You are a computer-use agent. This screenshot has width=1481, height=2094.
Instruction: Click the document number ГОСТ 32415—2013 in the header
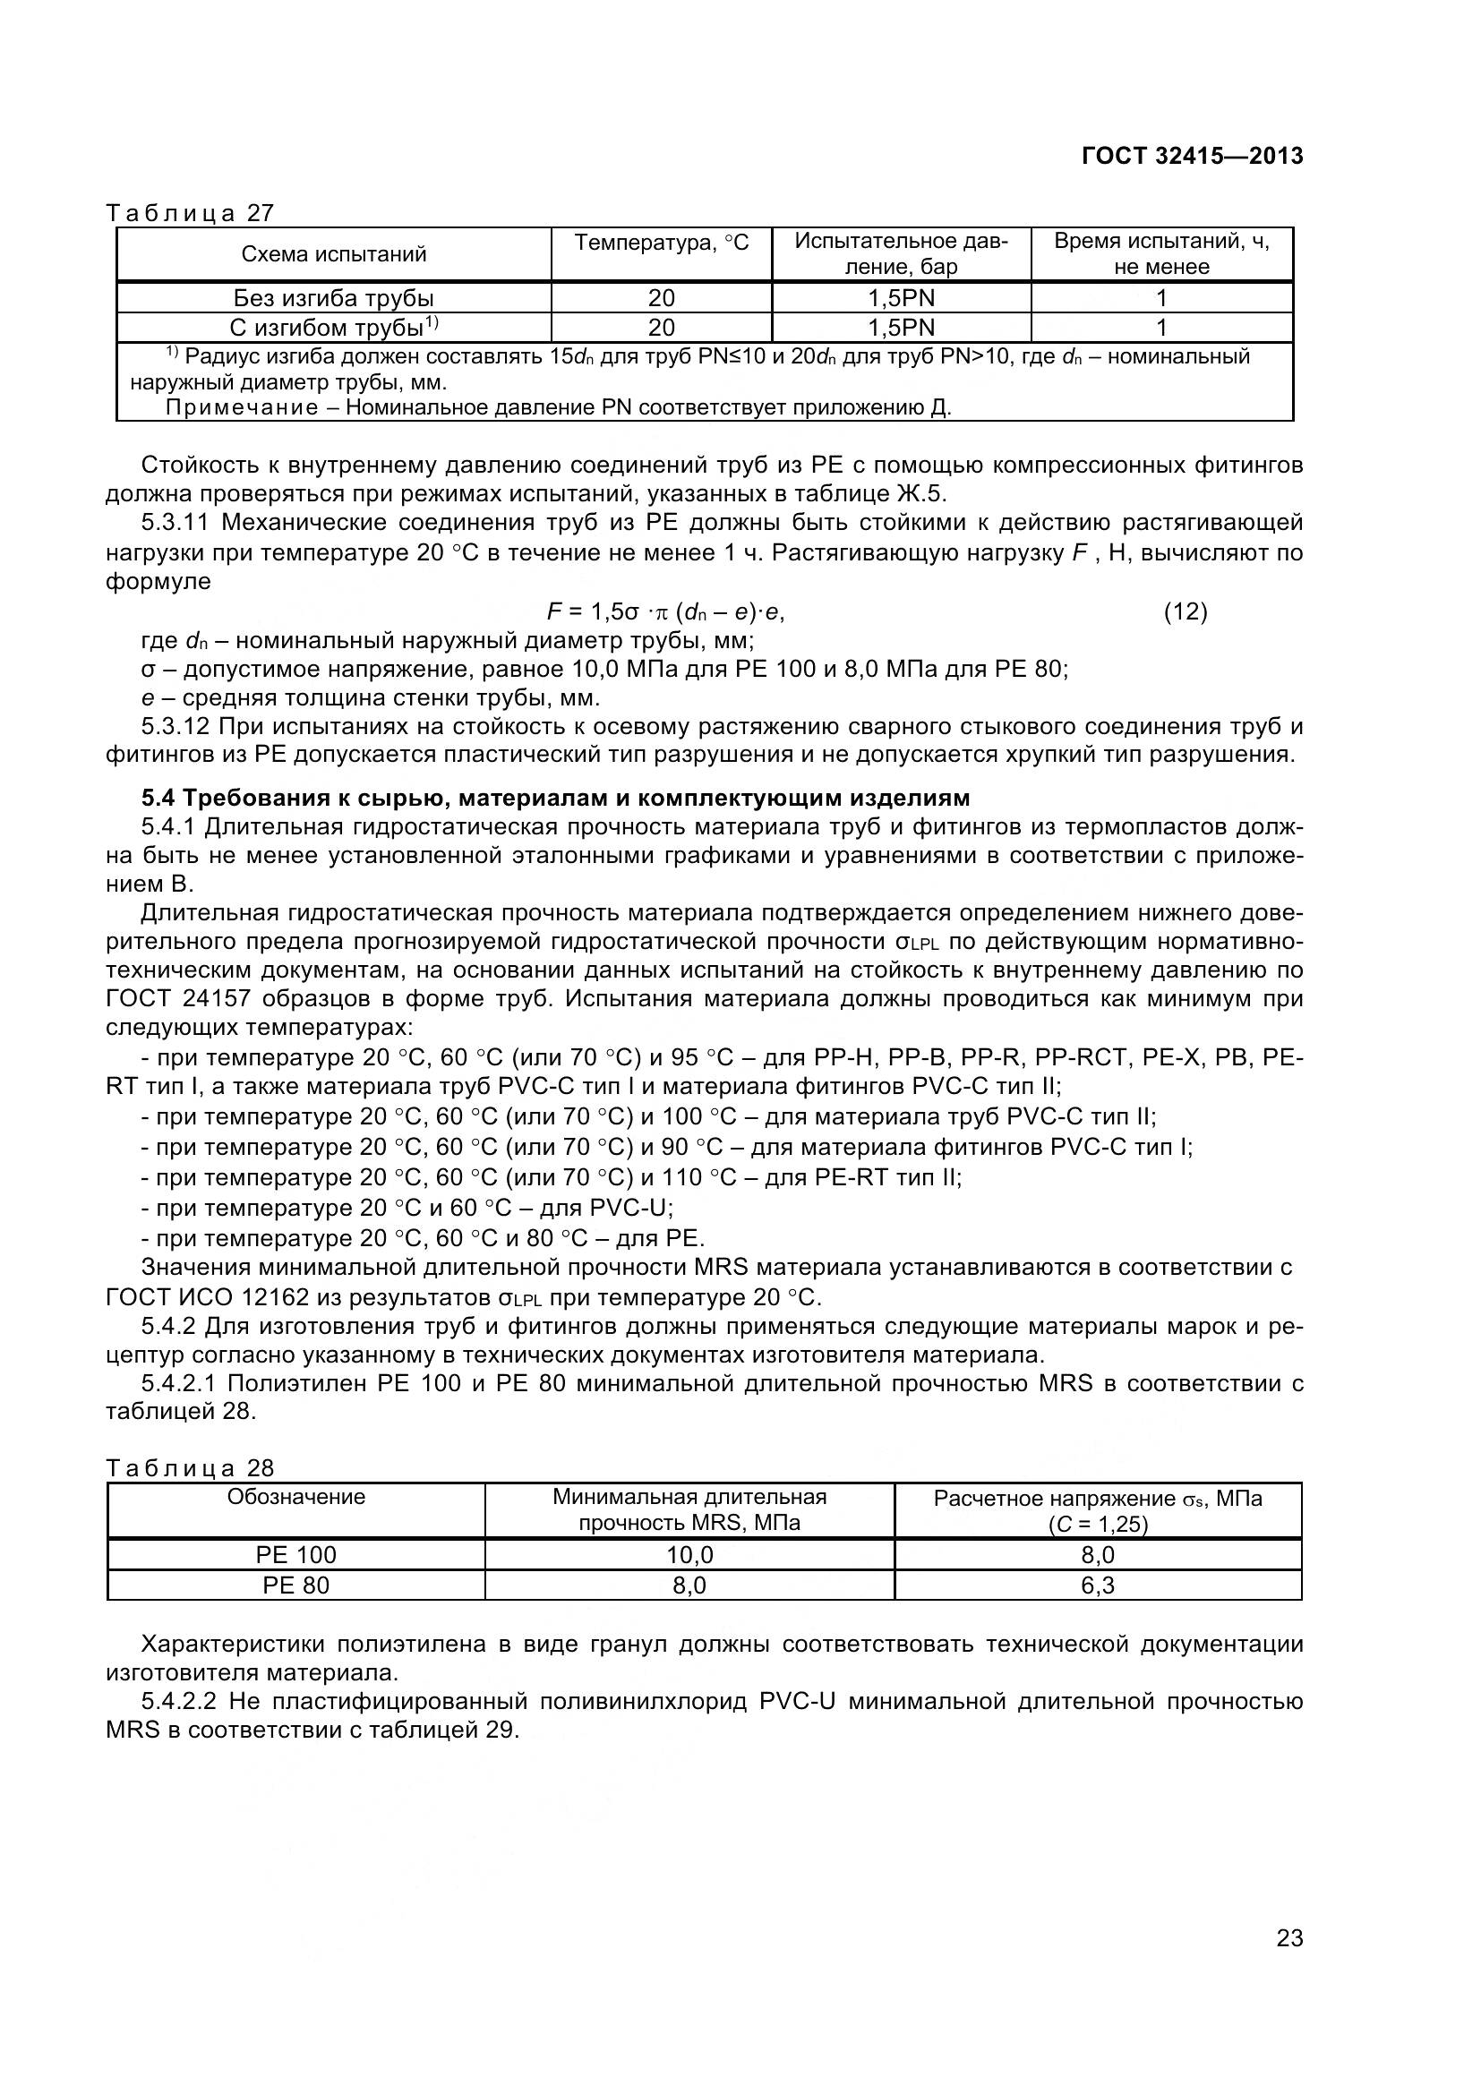1192,156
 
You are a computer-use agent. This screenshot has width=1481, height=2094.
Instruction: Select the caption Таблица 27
190,212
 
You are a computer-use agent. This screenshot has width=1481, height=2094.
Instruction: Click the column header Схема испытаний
334,254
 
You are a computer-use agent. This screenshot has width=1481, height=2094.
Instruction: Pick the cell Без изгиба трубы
334,298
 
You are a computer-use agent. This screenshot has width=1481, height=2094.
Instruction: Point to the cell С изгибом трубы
334,328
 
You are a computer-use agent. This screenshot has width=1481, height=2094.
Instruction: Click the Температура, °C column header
661,243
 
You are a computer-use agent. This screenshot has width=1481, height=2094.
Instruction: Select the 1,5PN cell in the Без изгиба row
901,298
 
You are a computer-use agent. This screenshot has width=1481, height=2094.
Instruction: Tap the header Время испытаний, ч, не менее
1161,253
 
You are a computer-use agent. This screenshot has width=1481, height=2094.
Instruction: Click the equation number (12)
1186,611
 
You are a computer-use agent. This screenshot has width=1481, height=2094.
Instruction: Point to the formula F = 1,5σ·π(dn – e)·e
664,611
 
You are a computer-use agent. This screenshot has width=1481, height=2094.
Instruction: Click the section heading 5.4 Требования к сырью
555,798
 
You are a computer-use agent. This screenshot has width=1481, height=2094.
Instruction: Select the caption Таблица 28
190,1467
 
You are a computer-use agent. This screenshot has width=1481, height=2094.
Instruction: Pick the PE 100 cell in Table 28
295,1555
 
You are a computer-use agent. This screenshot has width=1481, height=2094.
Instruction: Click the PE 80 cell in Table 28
295,1585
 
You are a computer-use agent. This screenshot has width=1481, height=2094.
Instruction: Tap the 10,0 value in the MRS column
689,1555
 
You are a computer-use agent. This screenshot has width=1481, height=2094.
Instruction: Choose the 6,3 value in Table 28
1097,1585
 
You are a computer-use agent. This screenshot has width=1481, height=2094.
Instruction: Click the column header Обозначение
295,1497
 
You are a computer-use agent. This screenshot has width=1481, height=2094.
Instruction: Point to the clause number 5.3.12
176,727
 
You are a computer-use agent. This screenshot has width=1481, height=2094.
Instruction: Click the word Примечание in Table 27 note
242,406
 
